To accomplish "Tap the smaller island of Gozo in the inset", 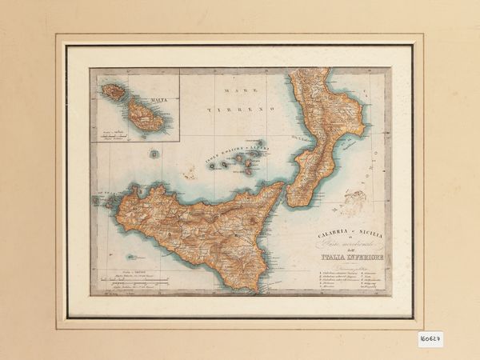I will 114,92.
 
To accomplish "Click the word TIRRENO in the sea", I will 240,107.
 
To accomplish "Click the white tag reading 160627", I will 430,338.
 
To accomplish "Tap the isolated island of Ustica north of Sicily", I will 154,154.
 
